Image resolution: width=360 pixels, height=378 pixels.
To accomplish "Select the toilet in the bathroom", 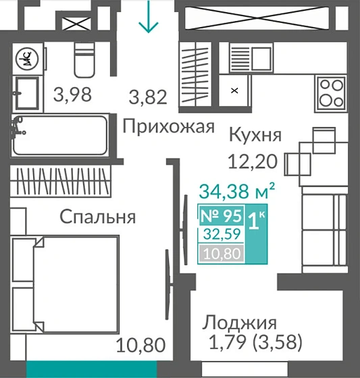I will [85, 61].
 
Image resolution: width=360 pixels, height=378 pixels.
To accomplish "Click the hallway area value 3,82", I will [149, 98].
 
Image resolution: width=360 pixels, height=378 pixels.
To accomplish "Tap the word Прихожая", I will [168, 126].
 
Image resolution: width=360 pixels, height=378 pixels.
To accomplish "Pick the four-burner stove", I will [332, 93].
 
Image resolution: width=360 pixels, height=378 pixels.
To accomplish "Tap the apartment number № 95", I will [221, 217].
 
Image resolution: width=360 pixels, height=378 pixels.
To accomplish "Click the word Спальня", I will [97, 217].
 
